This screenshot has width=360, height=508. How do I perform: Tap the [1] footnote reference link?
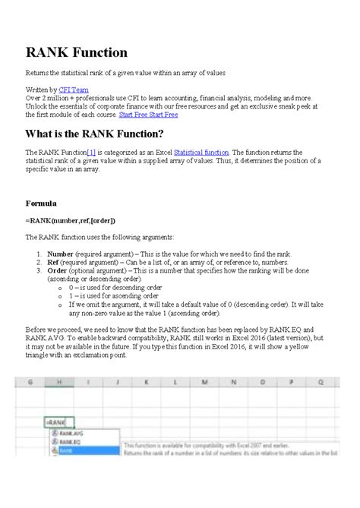click(x=96, y=152)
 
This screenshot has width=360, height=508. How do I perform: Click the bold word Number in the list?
click(x=60, y=254)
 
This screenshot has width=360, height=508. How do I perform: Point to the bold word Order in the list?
click(x=57, y=271)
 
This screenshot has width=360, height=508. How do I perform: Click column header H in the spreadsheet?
click(x=58, y=383)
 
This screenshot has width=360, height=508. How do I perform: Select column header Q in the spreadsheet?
click(x=322, y=383)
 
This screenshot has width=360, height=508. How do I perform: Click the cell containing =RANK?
click(x=58, y=421)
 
